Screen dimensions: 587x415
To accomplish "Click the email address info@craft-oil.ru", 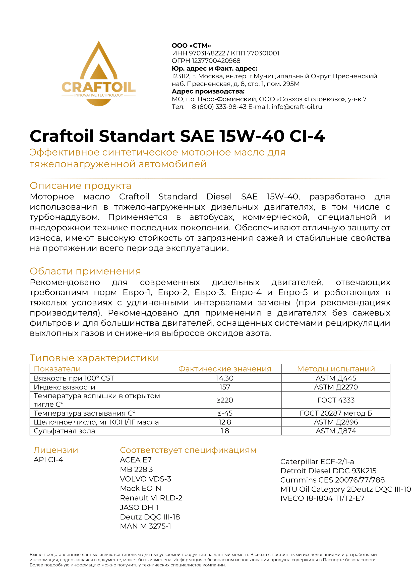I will point(297,107).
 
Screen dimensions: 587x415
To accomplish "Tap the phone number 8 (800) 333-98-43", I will point(219,107).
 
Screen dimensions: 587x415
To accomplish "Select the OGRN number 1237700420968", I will point(216,61).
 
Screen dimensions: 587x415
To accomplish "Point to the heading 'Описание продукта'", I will point(81,186).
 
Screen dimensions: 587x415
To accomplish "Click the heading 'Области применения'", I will point(85,271).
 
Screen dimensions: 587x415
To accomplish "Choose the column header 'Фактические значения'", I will point(224,369).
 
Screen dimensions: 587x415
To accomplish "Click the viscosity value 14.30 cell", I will point(224,378).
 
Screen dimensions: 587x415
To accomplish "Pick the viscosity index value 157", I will point(224,387).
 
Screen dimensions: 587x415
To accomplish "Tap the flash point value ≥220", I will point(224,400).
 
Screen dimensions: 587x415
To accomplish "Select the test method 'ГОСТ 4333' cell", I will point(336,400).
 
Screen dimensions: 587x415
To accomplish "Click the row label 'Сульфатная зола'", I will point(65,431).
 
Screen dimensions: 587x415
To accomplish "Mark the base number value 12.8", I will point(224,422).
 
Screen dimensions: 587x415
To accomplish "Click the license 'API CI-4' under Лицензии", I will point(48,460).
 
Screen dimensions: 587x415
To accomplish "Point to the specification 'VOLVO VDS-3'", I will point(146,479).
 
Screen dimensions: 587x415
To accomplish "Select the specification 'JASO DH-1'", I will point(139,507).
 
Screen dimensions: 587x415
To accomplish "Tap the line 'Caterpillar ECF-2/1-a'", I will point(317,462).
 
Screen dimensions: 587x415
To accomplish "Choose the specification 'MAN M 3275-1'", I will point(146,526).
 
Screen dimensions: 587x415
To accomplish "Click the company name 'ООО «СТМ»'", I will point(191,45).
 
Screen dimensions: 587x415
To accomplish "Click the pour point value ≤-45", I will point(224,413).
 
